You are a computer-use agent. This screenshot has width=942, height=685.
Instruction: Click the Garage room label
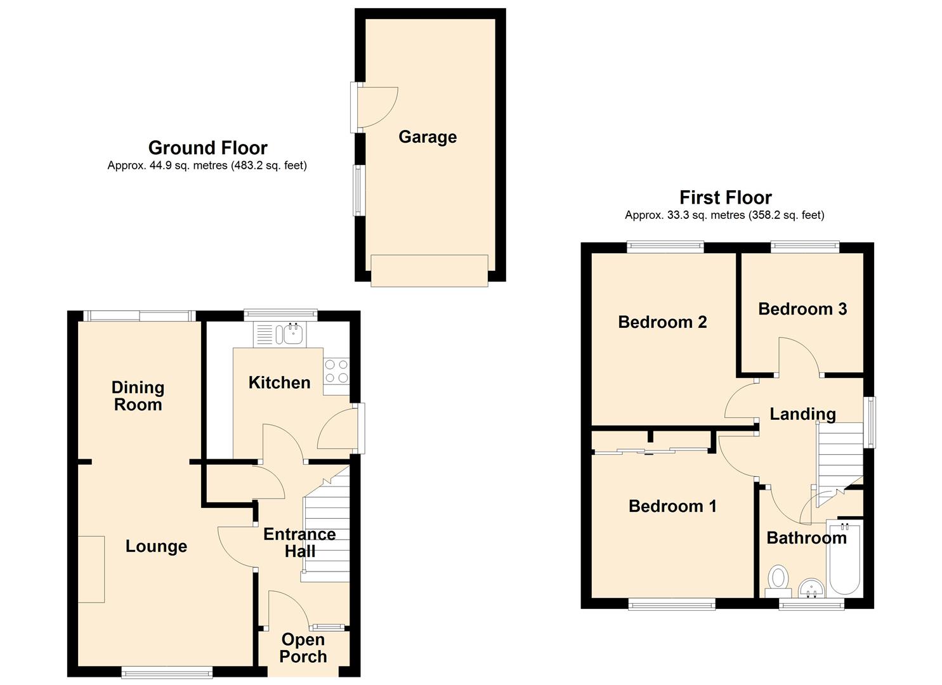428,137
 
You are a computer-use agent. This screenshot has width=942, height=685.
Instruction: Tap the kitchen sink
292,335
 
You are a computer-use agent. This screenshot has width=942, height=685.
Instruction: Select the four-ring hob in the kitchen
336,371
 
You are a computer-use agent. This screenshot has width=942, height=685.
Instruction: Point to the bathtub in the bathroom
844,558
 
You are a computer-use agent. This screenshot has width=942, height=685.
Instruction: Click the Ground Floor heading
207,148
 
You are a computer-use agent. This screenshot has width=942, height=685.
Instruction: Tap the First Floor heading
726,197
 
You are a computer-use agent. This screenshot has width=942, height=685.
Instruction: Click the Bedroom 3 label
802,309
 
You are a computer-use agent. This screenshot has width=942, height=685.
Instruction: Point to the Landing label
802,414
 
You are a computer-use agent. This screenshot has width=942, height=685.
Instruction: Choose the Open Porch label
303,648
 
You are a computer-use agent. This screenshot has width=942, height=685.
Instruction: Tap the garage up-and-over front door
429,270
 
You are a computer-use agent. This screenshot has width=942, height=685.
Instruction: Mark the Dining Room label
138,396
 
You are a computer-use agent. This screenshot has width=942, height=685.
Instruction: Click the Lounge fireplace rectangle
91,570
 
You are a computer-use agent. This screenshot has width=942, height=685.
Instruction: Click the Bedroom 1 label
672,506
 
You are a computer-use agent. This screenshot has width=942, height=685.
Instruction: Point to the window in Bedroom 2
665,247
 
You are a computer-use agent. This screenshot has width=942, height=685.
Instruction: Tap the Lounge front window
167,672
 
